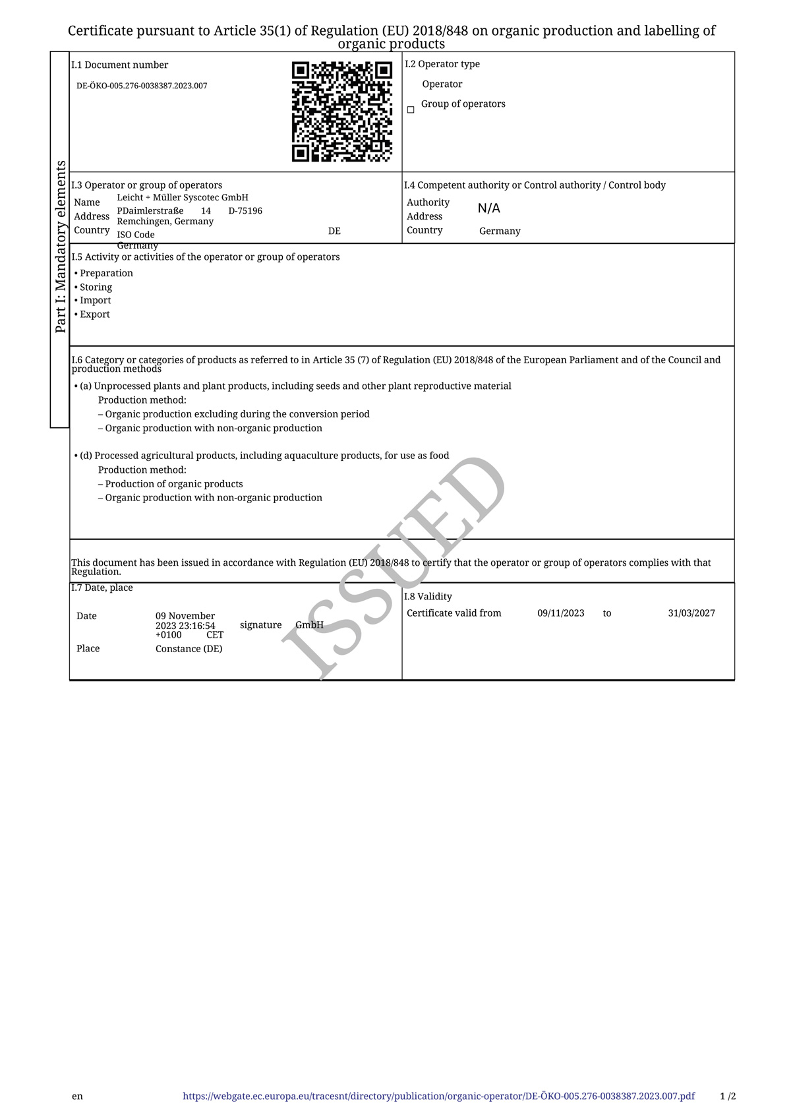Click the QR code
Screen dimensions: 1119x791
pos(342,111)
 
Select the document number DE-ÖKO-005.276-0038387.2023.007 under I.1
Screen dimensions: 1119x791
pos(142,86)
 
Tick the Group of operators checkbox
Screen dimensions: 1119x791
pos(411,110)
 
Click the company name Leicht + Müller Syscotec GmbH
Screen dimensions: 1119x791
pos(183,197)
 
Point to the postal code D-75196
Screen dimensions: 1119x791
pos(245,211)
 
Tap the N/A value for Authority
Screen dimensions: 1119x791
pos(489,208)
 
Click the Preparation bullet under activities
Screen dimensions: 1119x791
pos(106,273)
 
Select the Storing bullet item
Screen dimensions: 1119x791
pos(96,287)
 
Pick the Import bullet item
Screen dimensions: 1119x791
pos(95,300)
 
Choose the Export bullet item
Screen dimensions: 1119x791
pos(94,314)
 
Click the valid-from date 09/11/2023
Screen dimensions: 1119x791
pos(561,613)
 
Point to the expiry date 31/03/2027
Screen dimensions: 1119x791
pos(691,613)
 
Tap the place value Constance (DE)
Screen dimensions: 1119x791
pos(189,649)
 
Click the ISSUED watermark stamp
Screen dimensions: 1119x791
pos(394,567)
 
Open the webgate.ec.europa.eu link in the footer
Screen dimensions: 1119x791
pos(438,1096)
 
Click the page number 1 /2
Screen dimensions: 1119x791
pos(728,1096)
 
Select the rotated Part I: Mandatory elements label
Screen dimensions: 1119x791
pos(60,247)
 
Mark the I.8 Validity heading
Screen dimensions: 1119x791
pos(428,596)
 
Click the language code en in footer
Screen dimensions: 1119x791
pos(78,1096)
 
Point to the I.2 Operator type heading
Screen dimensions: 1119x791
pos(442,64)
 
